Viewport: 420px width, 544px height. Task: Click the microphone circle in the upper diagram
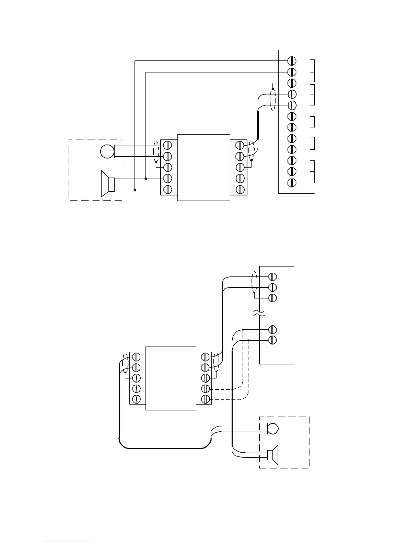click(107, 151)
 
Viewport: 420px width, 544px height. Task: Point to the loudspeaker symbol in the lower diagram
click(273, 455)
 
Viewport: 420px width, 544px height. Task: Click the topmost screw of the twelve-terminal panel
click(292, 61)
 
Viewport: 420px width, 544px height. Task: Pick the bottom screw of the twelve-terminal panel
click(292, 182)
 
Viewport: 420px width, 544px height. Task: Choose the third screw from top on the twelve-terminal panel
click(292, 83)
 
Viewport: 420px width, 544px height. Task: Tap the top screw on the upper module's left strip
click(167, 145)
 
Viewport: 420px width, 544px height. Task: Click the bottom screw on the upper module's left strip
click(167, 189)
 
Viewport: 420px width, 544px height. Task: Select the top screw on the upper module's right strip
click(240, 145)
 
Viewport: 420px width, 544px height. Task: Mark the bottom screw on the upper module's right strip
click(240, 189)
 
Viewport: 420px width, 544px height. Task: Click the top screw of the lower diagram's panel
click(272, 276)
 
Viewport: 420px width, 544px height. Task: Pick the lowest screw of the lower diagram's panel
click(272, 340)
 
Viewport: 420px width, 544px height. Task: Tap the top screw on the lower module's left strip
click(136, 356)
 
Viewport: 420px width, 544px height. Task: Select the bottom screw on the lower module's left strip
click(136, 399)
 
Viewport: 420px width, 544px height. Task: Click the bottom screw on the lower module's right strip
click(205, 399)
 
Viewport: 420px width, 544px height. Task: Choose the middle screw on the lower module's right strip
click(205, 378)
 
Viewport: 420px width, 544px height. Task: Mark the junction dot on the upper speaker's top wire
click(146, 179)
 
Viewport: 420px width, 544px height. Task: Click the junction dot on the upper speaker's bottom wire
click(135, 190)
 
